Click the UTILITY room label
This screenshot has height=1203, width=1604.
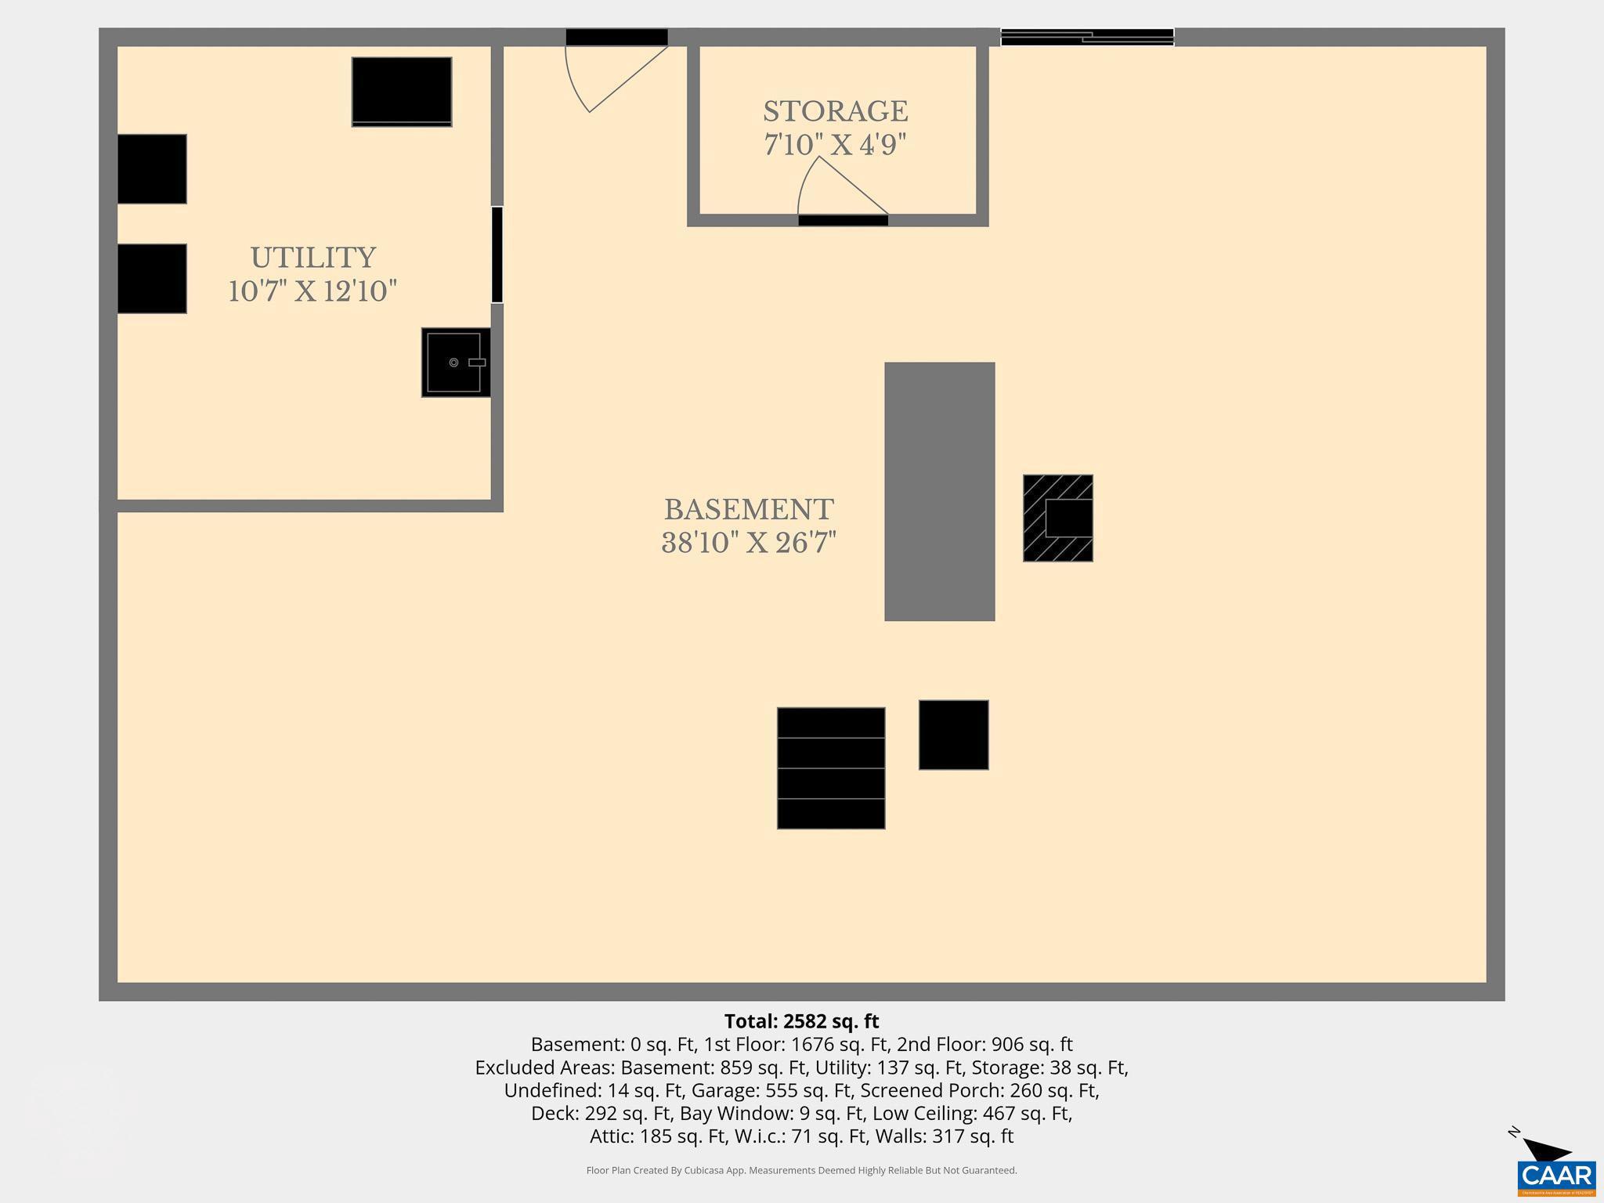313,258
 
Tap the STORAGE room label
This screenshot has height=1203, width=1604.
835,111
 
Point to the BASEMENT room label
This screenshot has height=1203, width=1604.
748,510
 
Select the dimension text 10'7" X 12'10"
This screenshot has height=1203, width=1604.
312,291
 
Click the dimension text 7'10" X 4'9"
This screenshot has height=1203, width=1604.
835,145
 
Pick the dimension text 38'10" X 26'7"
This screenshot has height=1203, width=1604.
749,543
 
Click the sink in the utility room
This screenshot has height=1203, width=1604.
456,363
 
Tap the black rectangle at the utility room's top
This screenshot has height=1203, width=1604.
402,92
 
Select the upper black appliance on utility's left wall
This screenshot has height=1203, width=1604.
152,169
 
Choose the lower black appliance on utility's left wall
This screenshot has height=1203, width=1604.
152,279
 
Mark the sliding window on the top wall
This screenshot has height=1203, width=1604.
1087,37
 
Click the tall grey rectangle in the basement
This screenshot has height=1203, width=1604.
939,491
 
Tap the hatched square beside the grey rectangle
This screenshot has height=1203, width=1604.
1057,518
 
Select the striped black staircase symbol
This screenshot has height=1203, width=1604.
831,768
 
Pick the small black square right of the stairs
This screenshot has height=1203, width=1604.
953,735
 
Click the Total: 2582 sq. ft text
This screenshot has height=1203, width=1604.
801,1021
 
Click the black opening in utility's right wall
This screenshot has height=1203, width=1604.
497,255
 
